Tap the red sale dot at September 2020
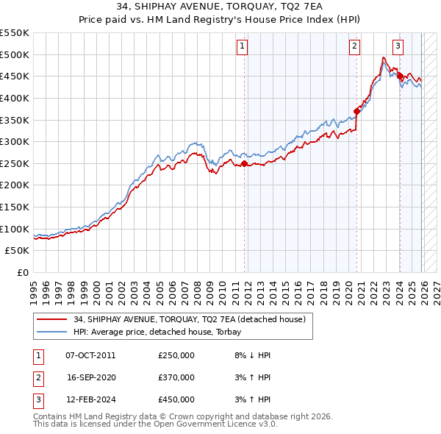[x=357, y=111]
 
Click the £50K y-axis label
[x=18, y=251]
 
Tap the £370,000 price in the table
[x=176, y=377]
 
